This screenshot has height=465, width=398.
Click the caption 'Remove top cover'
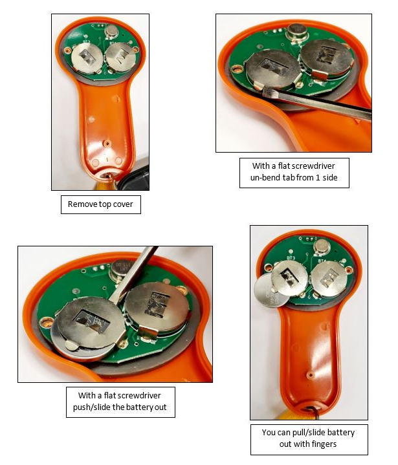(x=100, y=204)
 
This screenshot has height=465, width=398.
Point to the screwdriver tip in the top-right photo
(x=266, y=92)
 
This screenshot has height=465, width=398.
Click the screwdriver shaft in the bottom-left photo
(x=134, y=274)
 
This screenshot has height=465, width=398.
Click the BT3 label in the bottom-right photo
(x=291, y=258)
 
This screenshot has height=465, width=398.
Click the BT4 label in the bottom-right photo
(x=322, y=261)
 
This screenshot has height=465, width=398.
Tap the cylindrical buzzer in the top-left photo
(x=111, y=32)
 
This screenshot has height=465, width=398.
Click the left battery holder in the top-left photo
(x=87, y=58)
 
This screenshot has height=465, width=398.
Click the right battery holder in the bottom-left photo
(x=157, y=308)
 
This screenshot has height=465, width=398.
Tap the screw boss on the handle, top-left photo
(x=107, y=144)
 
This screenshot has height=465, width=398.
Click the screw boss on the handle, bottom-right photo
(x=309, y=375)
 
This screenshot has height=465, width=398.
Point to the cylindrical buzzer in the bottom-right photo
(x=322, y=247)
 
